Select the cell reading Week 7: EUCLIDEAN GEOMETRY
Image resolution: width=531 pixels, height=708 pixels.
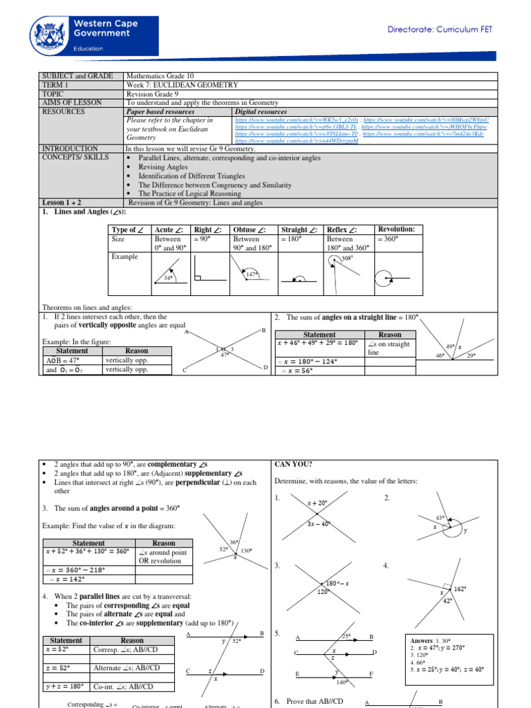coord(183,85)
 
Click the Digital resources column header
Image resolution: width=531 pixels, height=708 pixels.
coord(260,111)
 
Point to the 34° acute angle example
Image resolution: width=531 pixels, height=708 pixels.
coord(168,277)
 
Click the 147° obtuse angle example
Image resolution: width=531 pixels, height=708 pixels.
coord(252,274)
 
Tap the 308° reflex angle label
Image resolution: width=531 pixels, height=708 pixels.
coord(347,258)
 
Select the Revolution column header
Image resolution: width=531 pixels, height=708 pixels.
coord(396,229)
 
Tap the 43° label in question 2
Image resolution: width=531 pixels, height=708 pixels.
coord(440,518)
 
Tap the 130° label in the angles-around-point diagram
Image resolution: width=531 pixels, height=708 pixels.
coord(246,550)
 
